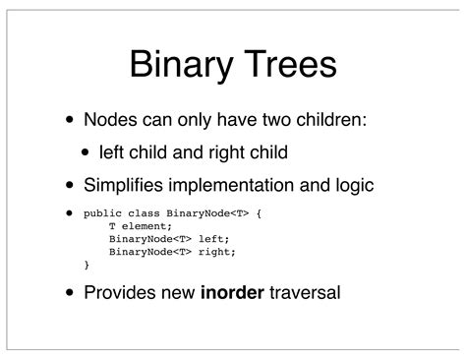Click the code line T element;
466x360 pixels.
click(138, 224)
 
